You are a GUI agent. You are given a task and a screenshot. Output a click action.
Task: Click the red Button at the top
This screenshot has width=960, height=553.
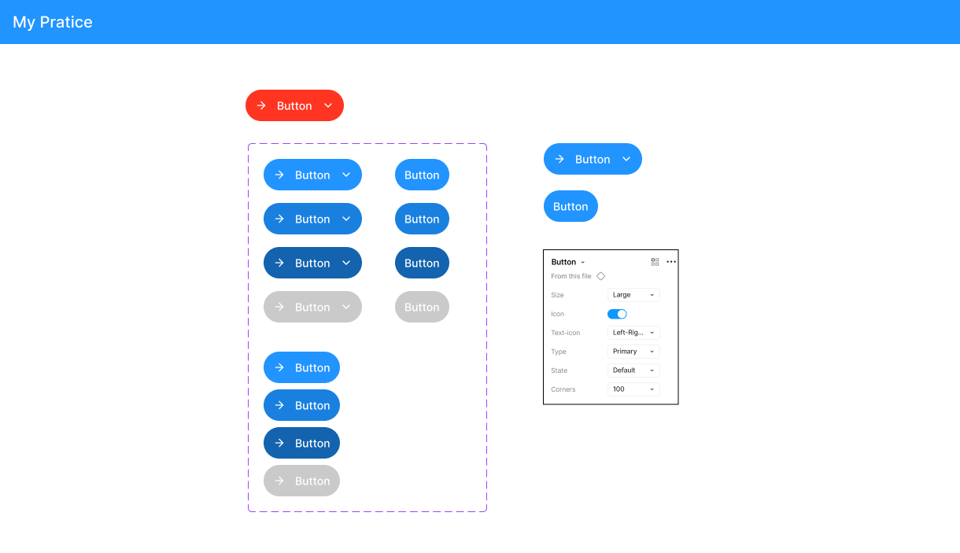(x=294, y=105)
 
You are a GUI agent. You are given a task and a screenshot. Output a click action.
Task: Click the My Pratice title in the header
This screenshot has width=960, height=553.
(x=52, y=22)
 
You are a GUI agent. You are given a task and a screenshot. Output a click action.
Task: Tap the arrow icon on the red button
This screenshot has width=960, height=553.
(x=261, y=105)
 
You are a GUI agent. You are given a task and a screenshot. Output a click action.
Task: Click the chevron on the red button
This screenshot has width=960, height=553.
(x=328, y=105)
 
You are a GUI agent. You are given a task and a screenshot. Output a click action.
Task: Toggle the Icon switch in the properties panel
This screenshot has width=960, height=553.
(x=617, y=314)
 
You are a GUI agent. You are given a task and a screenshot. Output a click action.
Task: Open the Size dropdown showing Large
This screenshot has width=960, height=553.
(x=633, y=295)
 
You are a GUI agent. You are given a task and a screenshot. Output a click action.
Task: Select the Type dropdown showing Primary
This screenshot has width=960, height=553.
(x=633, y=352)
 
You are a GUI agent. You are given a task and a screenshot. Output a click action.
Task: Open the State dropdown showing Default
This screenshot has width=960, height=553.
(x=633, y=370)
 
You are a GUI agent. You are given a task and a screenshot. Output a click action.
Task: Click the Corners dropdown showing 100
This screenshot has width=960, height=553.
(x=633, y=389)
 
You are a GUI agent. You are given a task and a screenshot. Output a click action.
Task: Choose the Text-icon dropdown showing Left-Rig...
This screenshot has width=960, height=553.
(x=633, y=333)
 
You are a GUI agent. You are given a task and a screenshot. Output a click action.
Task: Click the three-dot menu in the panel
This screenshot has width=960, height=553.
(x=671, y=262)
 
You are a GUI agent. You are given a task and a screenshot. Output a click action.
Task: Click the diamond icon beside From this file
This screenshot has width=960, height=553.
(x=601, y=276)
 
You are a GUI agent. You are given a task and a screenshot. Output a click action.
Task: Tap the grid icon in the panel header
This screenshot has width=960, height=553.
(x=655, y=262)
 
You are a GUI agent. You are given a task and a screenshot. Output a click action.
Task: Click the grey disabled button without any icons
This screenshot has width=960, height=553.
(x=422, y=307)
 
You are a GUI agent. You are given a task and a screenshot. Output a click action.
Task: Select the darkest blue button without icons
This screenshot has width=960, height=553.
(x=422, y=263)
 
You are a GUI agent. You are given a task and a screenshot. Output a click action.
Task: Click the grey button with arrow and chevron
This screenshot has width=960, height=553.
(x=312, y=307)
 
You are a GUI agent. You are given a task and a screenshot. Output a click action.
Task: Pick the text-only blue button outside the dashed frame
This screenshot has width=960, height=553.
(x=570, y=206)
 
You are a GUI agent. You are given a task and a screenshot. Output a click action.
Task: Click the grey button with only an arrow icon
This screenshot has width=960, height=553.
(x=301, y=481)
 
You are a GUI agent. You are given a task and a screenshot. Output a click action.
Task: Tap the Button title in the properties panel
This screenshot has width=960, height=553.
(x=563, y=262)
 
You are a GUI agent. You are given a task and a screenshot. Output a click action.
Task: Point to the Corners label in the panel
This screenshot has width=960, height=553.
(x=563, y=389)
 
